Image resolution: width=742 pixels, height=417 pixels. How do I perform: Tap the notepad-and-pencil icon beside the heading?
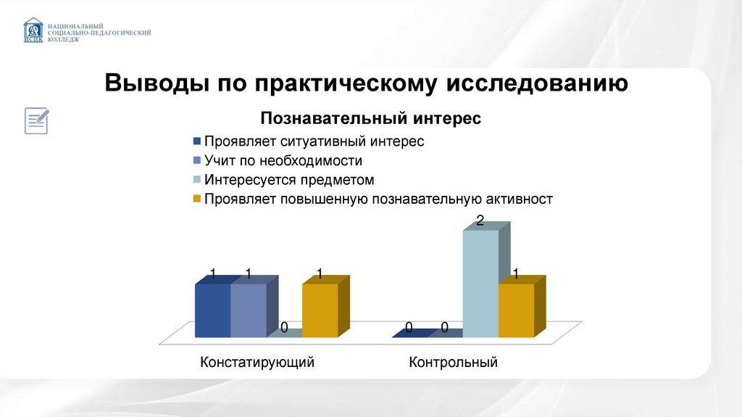point(37,120)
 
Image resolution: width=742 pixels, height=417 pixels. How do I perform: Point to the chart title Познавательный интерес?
point(370,117)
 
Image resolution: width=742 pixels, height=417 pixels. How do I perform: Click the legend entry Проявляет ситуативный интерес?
point(314,141)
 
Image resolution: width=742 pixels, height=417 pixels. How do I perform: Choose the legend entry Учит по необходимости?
point(283,160)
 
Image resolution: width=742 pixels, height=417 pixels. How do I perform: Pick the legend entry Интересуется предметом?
point(288,179)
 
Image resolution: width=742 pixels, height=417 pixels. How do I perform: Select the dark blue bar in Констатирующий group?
point(212,310)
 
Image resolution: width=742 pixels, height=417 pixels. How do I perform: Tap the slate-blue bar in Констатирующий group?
point(248,310)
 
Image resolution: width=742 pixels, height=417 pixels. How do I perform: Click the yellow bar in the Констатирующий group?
point(320,310)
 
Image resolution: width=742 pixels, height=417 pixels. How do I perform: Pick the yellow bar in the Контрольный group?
point(516,310)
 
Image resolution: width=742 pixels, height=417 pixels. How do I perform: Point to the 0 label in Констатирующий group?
point(284,329)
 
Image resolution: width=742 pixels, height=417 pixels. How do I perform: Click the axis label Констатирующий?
point(257,362)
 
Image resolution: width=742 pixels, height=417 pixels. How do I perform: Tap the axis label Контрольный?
point(453,362)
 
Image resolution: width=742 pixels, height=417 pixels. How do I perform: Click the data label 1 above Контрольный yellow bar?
point(515,274)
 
